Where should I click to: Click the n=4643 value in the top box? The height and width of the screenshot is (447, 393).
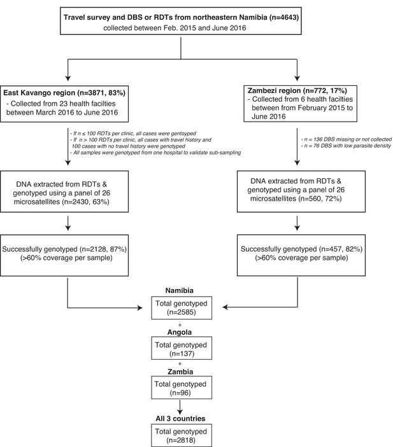tap(284, 17)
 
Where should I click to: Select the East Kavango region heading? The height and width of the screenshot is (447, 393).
tap(64, 93)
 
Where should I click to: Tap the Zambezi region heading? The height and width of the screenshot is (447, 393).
tap(297, 90)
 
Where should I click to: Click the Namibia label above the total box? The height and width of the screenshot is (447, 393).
tap(180, 290)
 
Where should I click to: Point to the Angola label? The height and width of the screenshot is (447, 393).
tap(180, 332)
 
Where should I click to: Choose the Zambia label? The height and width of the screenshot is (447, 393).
tap(180, 372)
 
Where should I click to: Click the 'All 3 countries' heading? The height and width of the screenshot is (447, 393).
tap(180, 418)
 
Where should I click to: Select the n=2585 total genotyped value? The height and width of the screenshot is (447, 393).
tap(182, 312)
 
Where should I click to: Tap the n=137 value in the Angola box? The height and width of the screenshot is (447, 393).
tap(182, 354)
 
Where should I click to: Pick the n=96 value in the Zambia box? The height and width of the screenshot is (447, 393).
tap(180, 393)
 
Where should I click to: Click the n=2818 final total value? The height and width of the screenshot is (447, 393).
tap(181, 440)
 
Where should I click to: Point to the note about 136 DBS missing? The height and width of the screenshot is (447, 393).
tap(347, 139)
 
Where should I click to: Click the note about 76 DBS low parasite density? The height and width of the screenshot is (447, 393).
tap(346, 146)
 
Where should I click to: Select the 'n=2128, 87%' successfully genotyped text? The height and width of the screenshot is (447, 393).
tap(103, 249)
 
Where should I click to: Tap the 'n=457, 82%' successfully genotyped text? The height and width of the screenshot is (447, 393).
tap(341, 249)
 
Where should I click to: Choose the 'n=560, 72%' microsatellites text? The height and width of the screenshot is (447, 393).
tap(320, 199)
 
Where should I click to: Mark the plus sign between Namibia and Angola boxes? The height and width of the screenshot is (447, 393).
tap(180, 325)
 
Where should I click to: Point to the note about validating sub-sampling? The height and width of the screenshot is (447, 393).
tap(155, 153)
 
